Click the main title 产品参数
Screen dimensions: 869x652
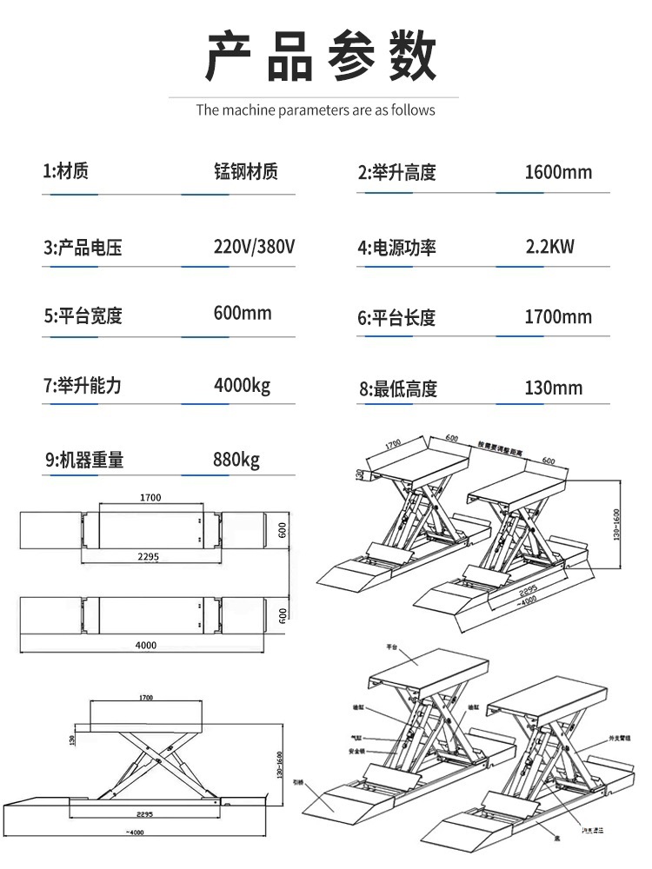click(321, 56)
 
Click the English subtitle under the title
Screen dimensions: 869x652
click(315, 110)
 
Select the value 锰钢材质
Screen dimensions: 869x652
click(246, 171)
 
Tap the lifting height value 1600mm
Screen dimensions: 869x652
click(558, 172)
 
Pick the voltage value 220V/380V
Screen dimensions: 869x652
click(255, 246)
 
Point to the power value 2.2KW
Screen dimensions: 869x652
click(550, 247)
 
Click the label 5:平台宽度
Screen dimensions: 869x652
click(83, 315)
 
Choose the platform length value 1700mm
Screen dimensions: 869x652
click(558, 317)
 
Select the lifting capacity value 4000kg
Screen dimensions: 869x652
click(243, 385)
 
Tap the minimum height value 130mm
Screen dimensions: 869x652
click(554, 388)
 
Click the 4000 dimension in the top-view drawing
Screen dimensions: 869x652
click(145, 645)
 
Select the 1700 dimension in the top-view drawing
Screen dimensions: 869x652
click(150, 498)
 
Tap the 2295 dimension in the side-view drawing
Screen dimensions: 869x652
click(144, 815)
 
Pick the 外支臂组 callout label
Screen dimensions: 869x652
click(619, 738)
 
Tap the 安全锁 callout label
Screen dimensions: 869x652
click(356, 750)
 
